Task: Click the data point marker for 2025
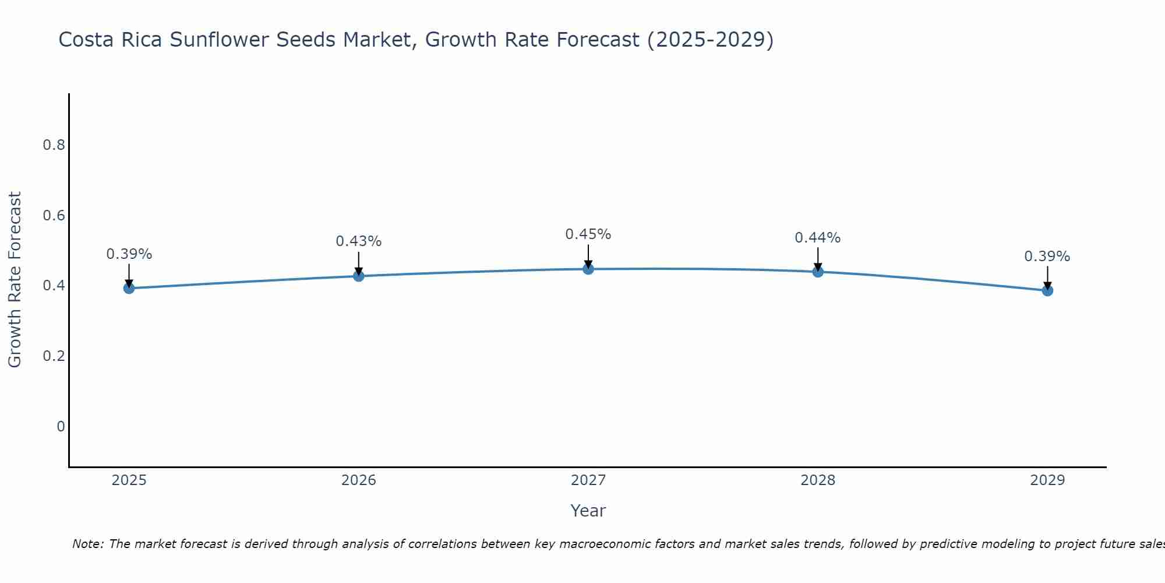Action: (129, 288)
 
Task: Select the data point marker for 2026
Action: (359, 276)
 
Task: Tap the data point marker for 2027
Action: (588, 269)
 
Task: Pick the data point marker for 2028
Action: (818, 272)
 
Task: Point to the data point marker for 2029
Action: (1047, 290)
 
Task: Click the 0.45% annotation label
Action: (588, 234)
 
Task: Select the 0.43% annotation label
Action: (359, 241)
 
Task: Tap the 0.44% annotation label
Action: (818, 238)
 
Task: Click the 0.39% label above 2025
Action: (129, 254)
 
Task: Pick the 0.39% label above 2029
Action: (1047, 257)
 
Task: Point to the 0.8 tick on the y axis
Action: (54, 145)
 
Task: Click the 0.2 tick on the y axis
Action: (54, 356)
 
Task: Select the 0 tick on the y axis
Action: (61, 427)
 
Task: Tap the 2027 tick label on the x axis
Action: (588, 480)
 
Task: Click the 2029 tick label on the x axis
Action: (1047, 480)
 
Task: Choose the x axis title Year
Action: (588, 511)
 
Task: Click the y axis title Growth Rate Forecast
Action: (15, 280)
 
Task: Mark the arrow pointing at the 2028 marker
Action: (818, 259)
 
